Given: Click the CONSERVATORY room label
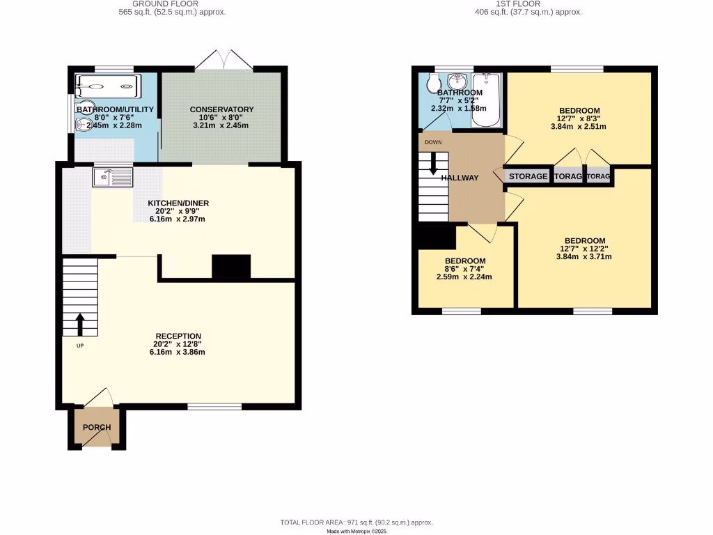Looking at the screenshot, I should pos(221,109).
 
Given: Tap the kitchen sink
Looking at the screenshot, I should pos(112,177).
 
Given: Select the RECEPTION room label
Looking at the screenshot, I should pos(178,336).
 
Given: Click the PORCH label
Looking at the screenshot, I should pos(97,427).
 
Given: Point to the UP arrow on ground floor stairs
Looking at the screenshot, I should pos(80,324).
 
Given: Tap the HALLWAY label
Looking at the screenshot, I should pos(460,178).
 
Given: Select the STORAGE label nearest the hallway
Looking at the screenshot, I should pos(528,177).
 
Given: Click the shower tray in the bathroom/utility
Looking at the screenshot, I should pos(108,87).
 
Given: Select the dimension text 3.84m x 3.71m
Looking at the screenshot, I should pos(585,256).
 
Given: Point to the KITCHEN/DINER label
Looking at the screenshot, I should pos(178,203).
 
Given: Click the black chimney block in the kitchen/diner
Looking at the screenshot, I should pos(231,267).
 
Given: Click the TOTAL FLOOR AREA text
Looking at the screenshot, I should pos(356,522).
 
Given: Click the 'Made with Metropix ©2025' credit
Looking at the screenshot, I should pos(356,532).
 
